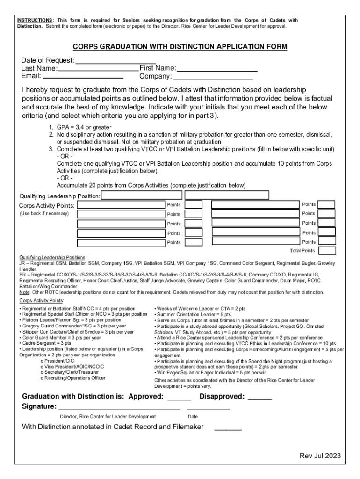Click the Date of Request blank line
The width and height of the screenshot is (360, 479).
(109, 61)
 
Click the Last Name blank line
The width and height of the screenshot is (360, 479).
(98, 69)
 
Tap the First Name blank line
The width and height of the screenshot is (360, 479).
(217, 69)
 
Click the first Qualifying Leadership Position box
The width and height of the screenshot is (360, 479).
(141, 195)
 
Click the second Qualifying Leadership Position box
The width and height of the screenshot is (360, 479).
(227, 195)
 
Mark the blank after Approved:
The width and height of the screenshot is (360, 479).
(179, 398)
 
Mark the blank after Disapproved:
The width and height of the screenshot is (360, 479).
(259, 398)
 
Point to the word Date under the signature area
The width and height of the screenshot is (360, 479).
(193, 416)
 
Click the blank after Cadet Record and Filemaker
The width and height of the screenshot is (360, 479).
(228, 427)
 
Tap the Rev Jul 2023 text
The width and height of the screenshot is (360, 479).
(320, 456)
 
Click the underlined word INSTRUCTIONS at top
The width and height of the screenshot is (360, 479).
(35, 20)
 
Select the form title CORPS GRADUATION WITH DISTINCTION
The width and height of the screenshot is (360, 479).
(180, 47)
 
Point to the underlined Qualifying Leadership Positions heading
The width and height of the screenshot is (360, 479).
(52, 257)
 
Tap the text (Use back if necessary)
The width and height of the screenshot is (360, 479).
(44, 213)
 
